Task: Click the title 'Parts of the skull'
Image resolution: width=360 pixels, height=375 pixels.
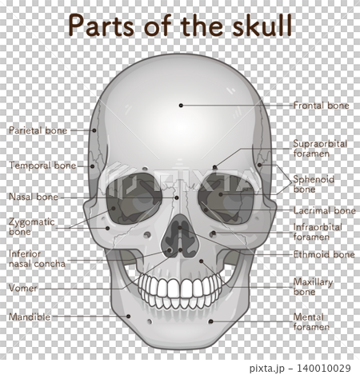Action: coord(180,26)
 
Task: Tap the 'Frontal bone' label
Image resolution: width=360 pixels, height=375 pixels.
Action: coord(321,106)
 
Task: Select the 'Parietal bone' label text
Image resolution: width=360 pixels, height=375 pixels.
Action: coord(38,130)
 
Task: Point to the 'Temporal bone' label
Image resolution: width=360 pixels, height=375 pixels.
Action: coord(42,166)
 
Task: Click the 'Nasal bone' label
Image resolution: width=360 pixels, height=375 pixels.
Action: coord(34,197)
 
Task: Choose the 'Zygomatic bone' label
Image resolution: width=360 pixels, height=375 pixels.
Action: coord(32,226)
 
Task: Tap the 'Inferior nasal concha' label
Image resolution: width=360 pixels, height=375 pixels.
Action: coord(37,259)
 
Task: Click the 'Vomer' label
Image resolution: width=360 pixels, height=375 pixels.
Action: coord(23,288)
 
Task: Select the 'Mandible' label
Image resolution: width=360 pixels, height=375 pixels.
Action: coord(30,317)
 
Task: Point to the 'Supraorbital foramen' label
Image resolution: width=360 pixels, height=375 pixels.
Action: coord(320,149)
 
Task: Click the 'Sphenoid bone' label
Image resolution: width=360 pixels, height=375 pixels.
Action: coord(314,184)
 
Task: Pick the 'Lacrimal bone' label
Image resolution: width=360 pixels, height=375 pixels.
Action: coord(325,210)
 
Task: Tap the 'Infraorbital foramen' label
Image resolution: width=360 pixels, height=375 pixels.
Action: coord(318,232)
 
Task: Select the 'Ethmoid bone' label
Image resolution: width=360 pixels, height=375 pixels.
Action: coord(324,254)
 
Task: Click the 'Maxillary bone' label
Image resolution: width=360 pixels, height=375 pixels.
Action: coord(313,286)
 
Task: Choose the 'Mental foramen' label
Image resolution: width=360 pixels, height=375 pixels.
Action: coord(311,322)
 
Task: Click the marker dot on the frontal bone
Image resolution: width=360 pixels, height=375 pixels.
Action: coord(181,106)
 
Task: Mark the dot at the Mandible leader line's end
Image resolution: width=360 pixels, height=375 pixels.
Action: coord(128,317)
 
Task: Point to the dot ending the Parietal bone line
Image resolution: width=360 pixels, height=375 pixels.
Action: coord(94,130)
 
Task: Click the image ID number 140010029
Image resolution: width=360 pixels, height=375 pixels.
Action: coord(324,369)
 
